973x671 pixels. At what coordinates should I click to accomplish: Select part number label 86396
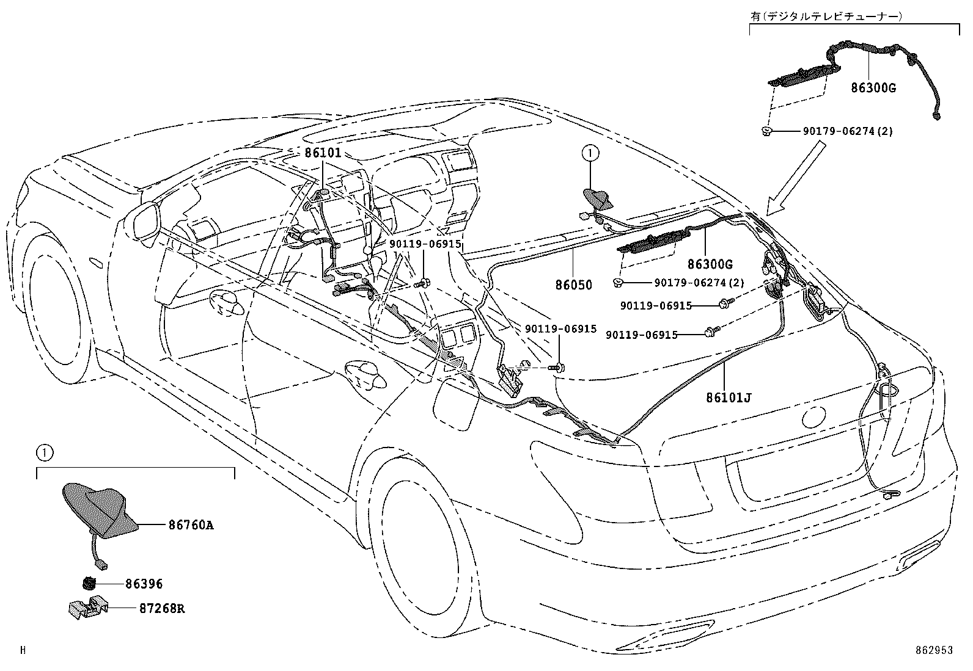click(144, 584)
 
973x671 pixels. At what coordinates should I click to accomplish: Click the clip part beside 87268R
click(87, 608)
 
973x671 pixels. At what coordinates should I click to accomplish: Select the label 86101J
click(729, 397)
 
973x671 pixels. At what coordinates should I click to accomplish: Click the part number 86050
click(574, 285)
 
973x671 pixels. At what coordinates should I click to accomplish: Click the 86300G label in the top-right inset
click(873, 88)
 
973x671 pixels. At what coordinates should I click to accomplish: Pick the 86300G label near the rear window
click(710, 264)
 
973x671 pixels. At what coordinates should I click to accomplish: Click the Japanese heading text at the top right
click(826, 17)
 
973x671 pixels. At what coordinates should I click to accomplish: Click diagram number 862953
click(934, 651)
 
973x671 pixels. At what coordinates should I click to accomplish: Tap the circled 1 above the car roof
click(590, 153)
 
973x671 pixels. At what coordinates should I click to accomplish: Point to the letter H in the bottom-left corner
click(23, 651)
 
